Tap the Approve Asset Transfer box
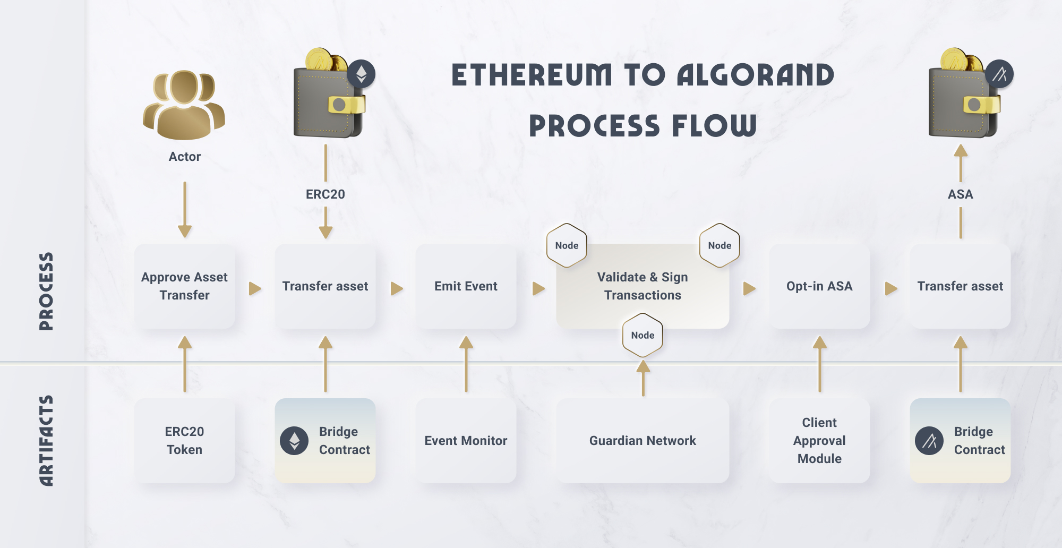[184, 286]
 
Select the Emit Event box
[466, 286]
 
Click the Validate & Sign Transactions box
[643, 286]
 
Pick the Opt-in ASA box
[819, 286]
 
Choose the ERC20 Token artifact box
[184, 441]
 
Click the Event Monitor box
[466, 441]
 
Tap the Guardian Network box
[643, 441]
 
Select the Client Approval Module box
[819, 441]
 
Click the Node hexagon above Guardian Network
[643, 335]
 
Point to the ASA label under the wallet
[960, 194]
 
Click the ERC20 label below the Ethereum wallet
[326, 194]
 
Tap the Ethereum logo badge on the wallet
[361, 74]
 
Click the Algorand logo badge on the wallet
[999, 74]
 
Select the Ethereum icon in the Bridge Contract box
[294, 441]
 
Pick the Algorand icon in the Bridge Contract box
[929, 441]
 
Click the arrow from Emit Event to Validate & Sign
[538, 288]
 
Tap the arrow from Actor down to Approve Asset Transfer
[185, 210]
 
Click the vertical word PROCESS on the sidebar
[46, 292]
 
